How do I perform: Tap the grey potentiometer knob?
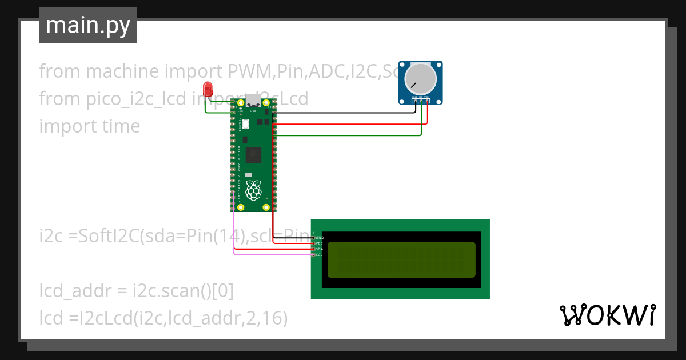tap(420, 79)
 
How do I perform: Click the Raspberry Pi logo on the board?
tap(253, 189)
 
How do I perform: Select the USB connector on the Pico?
tap(253, 103)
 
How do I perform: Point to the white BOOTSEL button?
tap(246, 123)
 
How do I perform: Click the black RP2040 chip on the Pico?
tap(253, 155)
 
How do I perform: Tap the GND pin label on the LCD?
tap(320, 237)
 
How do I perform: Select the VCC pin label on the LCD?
tap(320, 243)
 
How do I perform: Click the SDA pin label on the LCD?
tap(320, 249)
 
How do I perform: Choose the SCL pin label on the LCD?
tap(320, 255)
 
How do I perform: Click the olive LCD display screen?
tap(401, 259)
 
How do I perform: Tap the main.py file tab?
tap(88, 25)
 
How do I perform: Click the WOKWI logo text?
tap(607, 315)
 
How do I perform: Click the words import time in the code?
tap(89, 126)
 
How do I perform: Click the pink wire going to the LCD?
tap(269, 255)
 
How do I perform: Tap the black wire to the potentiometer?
tap(343, 113)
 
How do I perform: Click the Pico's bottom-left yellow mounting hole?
tap(241, 207)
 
